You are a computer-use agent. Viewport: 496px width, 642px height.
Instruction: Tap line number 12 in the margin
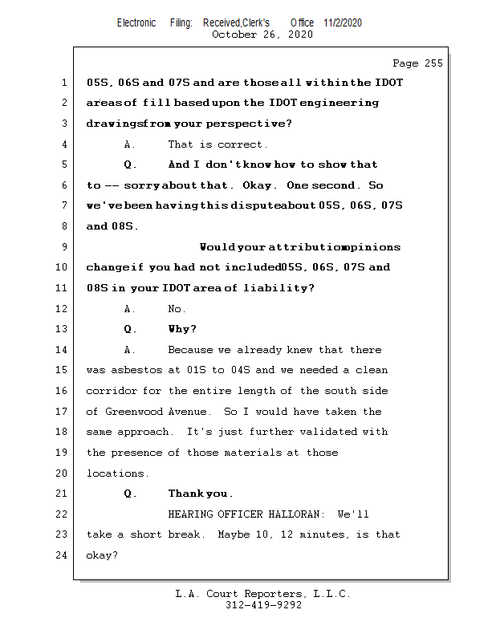64,309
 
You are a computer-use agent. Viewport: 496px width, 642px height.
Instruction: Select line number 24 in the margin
64,555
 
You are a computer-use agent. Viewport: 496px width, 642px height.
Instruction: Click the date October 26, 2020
262,35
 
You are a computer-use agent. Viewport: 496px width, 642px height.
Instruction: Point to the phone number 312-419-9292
262,606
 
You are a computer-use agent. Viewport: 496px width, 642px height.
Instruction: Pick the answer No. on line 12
177,309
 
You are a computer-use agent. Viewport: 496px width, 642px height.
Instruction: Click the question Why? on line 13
182,329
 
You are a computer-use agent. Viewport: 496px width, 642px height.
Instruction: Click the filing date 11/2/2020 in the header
343,22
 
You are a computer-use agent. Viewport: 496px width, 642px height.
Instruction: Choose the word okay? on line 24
102,555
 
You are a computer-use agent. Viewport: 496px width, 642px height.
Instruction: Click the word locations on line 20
117,473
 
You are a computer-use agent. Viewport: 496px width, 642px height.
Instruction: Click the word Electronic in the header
136,22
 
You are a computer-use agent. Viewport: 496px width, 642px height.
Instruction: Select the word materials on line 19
250,453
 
